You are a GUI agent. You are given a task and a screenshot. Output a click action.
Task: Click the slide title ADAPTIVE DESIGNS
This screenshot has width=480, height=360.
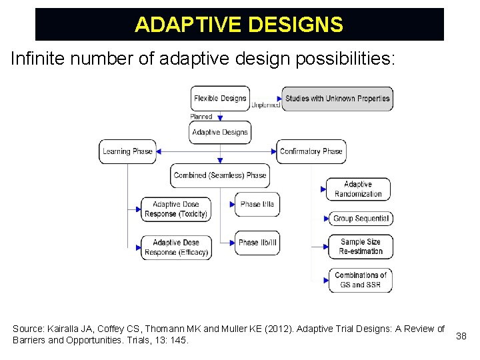239,25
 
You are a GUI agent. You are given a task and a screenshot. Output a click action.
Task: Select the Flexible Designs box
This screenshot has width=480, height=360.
220,99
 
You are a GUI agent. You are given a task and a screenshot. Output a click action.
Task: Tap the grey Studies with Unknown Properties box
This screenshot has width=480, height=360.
337,99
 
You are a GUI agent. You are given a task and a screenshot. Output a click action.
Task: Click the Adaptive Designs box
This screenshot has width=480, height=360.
220,132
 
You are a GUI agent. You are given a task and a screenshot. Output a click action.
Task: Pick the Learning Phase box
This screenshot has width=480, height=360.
127,151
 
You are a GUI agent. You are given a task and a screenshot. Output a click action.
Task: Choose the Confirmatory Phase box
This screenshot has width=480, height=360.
311,151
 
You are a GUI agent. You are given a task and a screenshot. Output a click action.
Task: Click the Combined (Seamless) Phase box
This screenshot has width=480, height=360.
220,175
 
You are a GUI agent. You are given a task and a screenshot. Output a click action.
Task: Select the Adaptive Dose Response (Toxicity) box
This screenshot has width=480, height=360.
176,209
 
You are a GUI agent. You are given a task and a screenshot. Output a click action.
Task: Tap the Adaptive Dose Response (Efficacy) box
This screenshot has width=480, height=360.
176,247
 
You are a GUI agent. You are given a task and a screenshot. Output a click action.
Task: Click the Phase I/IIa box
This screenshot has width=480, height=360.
257,204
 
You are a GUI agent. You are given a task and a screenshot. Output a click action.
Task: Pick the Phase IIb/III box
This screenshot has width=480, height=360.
257,243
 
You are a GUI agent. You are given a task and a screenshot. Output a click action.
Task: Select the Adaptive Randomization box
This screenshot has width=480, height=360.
358,189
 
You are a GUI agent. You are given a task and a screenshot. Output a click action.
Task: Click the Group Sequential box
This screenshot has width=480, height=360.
360,219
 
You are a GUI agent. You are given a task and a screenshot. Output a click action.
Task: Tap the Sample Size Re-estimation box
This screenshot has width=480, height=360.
361,247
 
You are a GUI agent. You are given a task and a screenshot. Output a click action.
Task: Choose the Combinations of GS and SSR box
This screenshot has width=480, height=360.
360,280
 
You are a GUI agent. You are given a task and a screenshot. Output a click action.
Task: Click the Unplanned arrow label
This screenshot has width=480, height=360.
265,105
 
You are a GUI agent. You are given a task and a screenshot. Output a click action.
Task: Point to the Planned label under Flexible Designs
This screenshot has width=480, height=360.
201,117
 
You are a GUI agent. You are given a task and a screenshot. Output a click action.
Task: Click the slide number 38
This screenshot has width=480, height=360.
461,336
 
